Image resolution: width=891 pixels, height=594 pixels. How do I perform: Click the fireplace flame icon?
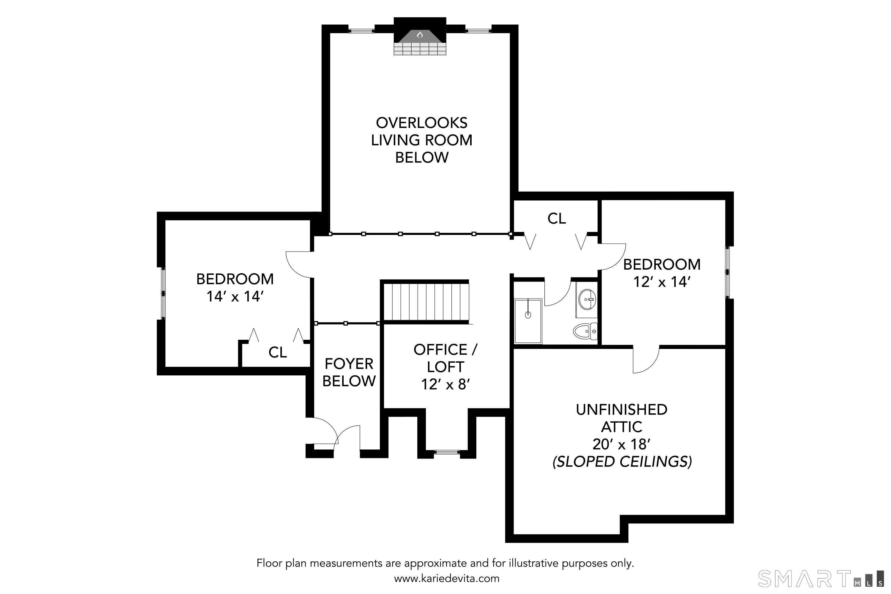tap(420, 35)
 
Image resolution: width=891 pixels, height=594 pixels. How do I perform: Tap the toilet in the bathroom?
tap(586, 331)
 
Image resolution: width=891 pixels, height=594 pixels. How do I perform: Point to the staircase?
tap(426, 302)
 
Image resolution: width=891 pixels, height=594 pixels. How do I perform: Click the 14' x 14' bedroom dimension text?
tap(235, 296)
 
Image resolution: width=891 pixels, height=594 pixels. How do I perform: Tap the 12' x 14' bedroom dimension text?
tap(662, 282)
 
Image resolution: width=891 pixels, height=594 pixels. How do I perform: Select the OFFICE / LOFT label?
tap(445, 358)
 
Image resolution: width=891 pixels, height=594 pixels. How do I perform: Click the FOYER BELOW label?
tap(349, 372)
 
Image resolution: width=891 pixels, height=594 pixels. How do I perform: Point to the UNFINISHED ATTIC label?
tap(622, 418)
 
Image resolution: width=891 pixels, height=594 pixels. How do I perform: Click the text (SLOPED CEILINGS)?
tap(622, 462)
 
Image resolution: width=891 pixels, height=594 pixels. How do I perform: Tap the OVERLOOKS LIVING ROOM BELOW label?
tap(422, 140)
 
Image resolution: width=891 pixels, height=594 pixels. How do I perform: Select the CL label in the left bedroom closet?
tap(278, 352)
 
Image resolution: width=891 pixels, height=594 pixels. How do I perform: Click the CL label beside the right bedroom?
tap(557, 218)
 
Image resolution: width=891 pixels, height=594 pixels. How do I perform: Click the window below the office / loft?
tap(447, 452)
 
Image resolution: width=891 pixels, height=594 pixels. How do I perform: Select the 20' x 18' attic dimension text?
tap(622, 444)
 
